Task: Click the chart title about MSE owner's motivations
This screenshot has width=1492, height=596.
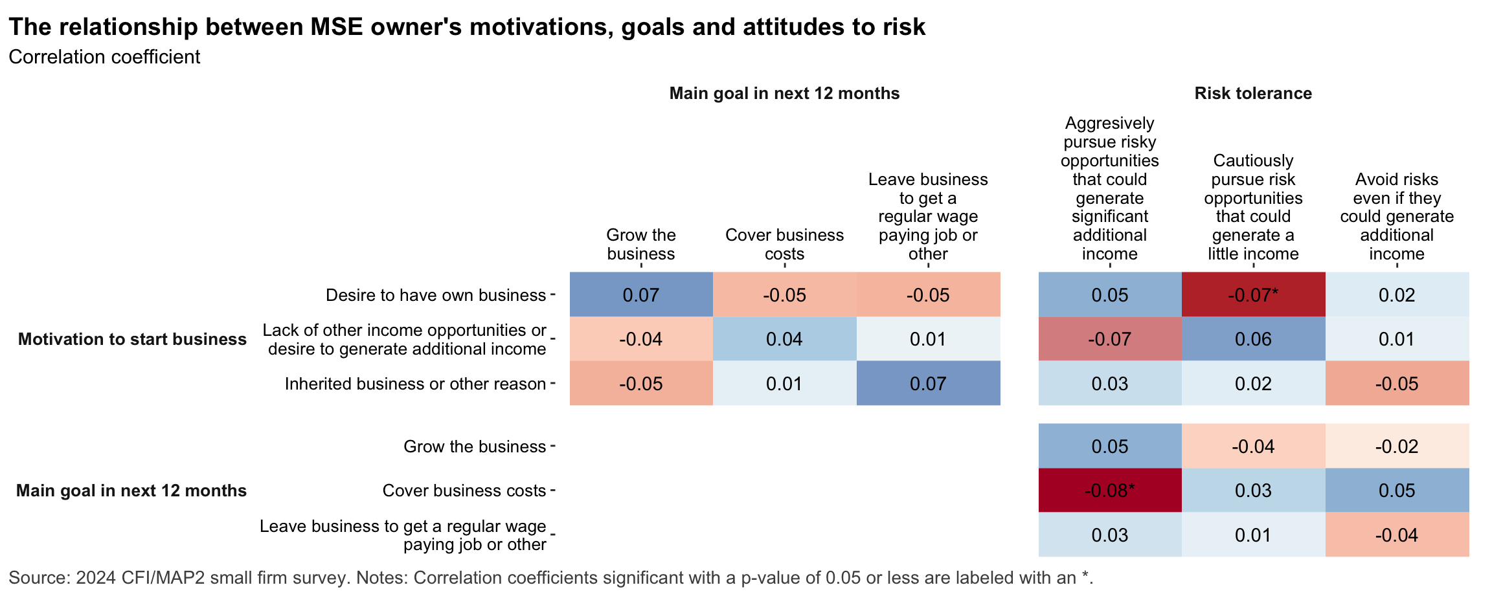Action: pyautogui.click(x=466, y=27)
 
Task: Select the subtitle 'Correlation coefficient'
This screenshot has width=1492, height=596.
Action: pyautogui.click(x=104, y=57)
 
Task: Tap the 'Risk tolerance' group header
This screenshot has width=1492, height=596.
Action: pyautogui.click(x=1253, y=93)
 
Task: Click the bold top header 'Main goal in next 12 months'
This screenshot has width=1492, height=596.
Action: pyautogui.click(x=784, y=93)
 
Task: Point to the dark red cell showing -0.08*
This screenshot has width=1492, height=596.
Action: pyautogui.click(x=1109, y=491)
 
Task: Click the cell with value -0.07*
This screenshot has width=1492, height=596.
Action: pyautogui.click(x=1253, y=295)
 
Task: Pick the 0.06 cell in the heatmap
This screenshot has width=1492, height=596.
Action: pyautogui.click(x=1253, y=339)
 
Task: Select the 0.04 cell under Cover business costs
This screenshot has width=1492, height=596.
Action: pyautogui.click(x=784, y=339)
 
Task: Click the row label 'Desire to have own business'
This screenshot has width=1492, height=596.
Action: pyautogui.click(x=435, y=295)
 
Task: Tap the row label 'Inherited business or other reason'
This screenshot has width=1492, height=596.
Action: pyautogui.click(x=415, y=384)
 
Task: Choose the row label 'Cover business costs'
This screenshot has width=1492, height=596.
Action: pyautogui.click(x=464, y=491)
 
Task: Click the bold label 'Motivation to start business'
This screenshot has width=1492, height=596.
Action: pyautogui.click(x=132, y=339)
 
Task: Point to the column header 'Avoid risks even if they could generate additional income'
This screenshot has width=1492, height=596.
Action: pyautogui.click(x=1397, y=216)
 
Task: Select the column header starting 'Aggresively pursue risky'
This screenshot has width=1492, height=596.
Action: pyautogui.click(x=1109, y=188)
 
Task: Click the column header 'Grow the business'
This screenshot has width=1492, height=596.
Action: pyautogui.click(x=640, y=244)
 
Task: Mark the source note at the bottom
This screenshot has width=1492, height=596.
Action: pyautogui.click(x=550, y=577)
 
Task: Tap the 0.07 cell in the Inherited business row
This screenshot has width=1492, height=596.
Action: pyautogui.click(x=928, y=384)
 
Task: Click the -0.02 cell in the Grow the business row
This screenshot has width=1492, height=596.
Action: pyautogui.click(x=1397, y=447)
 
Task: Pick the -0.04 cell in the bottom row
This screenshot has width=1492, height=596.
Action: pyautogui.click(x=1397, y=535)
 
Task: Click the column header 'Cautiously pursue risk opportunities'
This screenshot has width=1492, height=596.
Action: pyautogui.click(x=1253, y=207)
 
